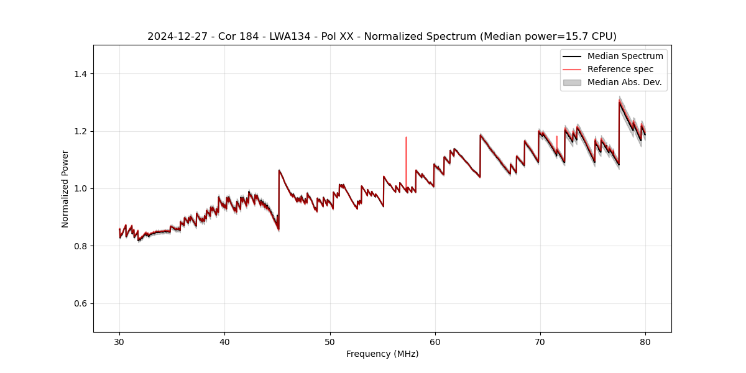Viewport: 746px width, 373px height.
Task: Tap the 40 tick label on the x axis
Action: tap(225, 342)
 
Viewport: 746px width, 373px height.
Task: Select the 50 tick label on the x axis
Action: tap(330, 342)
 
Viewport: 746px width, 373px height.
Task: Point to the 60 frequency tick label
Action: tap(435, 342)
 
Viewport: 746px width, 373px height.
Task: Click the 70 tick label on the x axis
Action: tap(540, 342)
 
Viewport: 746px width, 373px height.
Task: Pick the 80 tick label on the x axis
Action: tap(645, 342)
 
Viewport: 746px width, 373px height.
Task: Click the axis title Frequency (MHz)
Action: tap(382, 354)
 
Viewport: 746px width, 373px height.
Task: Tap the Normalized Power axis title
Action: tap(65, 188)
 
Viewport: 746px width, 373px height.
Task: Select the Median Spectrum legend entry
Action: tap(625, 56)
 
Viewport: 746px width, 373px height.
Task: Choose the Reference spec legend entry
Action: tap(620, 69)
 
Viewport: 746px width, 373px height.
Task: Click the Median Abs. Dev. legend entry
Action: tap(624, 82)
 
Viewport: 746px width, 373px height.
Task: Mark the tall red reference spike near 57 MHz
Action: tap(406, 155)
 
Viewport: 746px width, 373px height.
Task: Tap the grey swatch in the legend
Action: tap(572, 82)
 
